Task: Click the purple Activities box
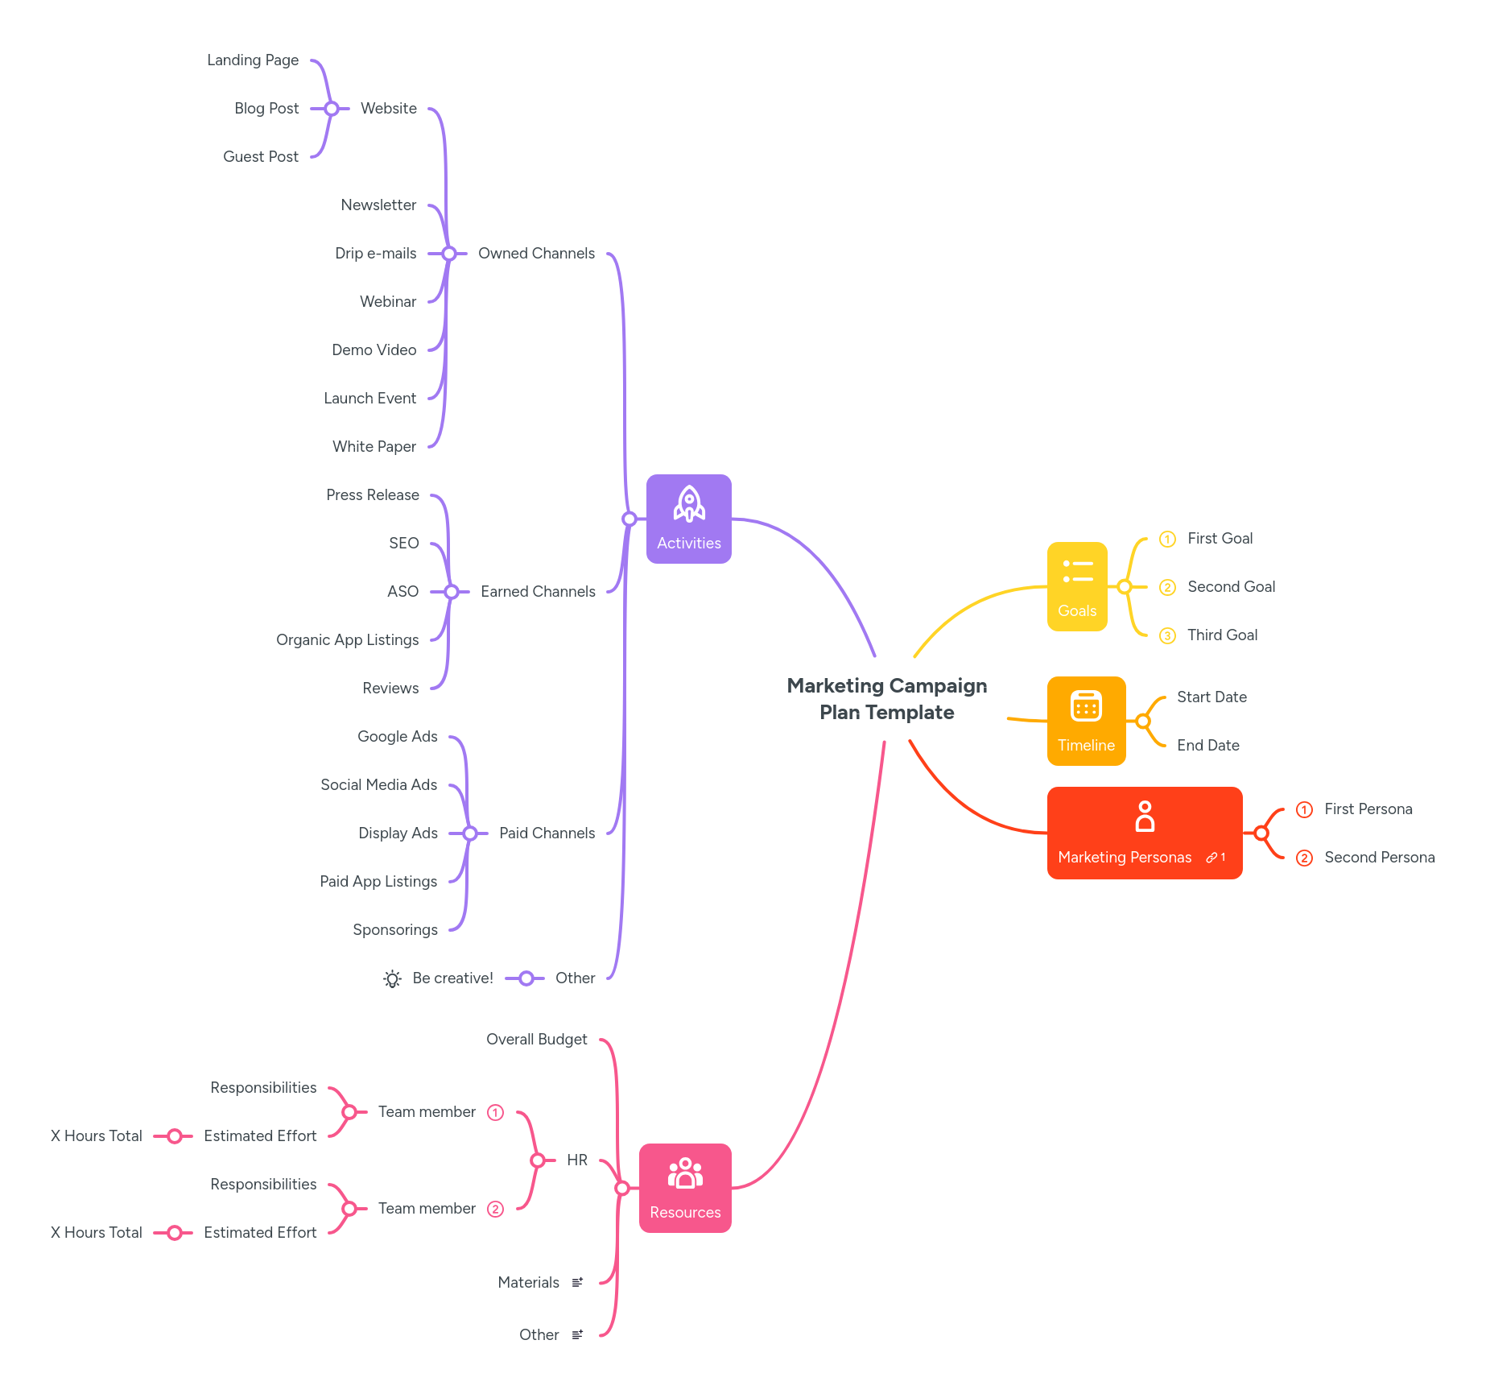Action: (x=688, y=519)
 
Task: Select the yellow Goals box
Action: (x=1076, y=586)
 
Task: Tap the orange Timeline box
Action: (x=1085, y=721)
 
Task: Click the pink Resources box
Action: (x=684, y=1188)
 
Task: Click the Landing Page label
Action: (x=253, y=60)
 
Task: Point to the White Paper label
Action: (x=374, y=447)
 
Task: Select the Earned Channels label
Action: (x=538, y=592)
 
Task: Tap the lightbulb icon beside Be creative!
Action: (x=392, y=978)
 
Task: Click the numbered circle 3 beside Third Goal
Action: (x=1167, y=636)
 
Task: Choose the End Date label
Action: (x=1207, y=746)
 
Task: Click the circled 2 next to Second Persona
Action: (x=1304, y=858)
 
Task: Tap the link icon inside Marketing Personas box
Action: (x=1212, y=858)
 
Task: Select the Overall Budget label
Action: (x=536, y=1040)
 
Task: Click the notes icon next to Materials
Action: (x=577, y=1282)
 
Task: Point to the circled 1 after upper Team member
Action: (x=496, y=1113)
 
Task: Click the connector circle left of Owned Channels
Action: (x=449, y=254)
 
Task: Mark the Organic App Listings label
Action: (x=347, y=640)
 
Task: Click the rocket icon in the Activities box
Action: (x=689, y=504)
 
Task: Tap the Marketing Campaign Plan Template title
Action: (x=886, y=699)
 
